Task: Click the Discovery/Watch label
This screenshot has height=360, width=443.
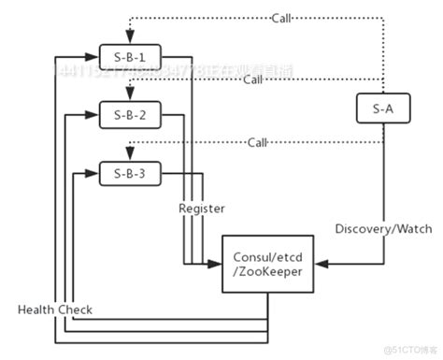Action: [x=376, y=227]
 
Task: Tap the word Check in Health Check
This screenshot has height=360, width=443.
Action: [x=77, y=309]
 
